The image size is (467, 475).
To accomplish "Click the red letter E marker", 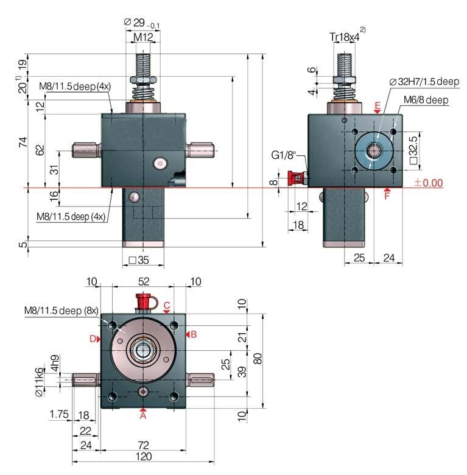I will coord(377,106).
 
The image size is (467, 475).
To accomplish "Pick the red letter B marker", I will coord(194,334).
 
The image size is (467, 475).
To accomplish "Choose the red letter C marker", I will coord(167,304).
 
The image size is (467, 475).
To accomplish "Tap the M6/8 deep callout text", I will coord(426,99).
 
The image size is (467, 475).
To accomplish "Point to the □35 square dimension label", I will coord(139,261).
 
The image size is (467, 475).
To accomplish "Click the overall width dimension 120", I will coord(143,457).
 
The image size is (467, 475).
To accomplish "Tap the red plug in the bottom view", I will coord(144,300).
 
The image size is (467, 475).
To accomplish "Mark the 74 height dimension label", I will coord(23,142).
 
